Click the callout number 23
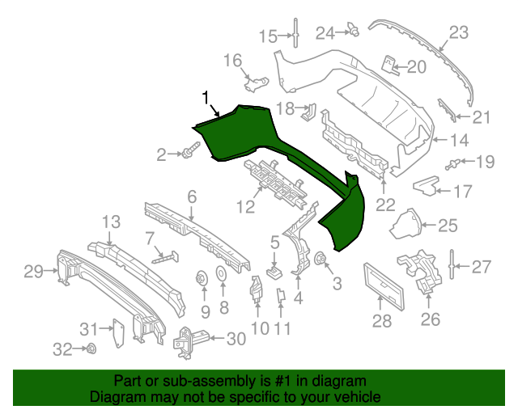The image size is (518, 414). [x=459, y=33]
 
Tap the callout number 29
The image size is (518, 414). [x=33, y=272]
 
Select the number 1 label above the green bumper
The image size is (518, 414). [x=206, y=98]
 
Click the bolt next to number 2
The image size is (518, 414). [x=192, y=151]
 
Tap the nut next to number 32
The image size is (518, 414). [x=91, y=349]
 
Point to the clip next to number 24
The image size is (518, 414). [x=354, y=32]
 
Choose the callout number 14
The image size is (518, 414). [x=459, y=138]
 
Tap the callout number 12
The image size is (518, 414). [x=245, y=207]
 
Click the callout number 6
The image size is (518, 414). [x=192, y=196]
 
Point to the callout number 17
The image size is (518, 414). [x=461, y=192]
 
